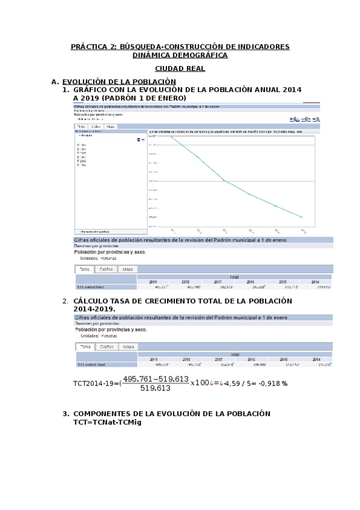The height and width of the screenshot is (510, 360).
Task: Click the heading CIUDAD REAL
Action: point(180,69)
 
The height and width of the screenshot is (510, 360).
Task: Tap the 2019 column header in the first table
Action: point(153,281)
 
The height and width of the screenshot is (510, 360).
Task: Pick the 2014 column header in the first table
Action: point(316,281)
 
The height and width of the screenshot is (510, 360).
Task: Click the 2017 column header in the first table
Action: point(218,281)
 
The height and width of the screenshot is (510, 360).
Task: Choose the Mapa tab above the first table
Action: point(128,269)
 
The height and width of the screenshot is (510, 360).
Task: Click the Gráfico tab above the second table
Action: point(106,347)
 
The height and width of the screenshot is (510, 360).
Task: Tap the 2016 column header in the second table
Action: point(250,359)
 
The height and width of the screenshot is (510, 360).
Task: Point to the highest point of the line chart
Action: point(171,137)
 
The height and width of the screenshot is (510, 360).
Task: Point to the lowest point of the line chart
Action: point(302,217)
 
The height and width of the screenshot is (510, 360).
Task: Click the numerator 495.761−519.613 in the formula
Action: point(156,379)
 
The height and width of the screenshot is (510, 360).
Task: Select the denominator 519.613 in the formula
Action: point(156,389)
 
